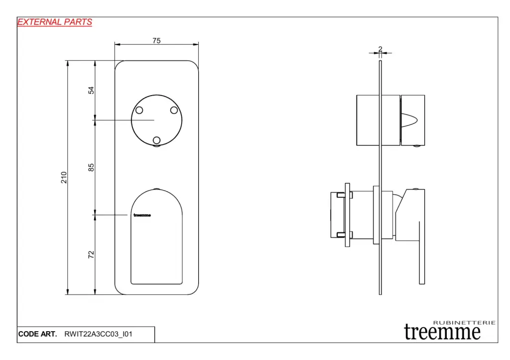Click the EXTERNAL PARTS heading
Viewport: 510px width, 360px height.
coord(55,22)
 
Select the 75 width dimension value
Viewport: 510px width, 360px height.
coord(156,41)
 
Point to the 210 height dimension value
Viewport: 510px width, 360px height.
coord(64,178)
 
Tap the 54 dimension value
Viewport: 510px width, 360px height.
coord(91,90)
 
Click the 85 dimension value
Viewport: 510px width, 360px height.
coord(91,167)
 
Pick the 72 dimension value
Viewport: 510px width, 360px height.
coord(91,254)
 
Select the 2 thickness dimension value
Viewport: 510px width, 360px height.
coord(380,49)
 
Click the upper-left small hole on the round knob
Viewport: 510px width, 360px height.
coord(139,110)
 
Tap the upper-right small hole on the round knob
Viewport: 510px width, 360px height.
coord(174,110)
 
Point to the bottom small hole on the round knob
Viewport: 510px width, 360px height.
coord(156,140)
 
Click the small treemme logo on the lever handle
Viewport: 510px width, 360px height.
coord(142,215)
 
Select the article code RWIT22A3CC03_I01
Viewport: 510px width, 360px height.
coord(98,334)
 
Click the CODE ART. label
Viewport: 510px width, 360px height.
coord(37,334)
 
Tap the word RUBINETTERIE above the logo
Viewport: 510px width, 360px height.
coord(464,323)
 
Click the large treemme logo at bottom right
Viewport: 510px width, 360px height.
coord(442,332)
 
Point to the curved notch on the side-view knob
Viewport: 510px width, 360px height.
coord(409,120)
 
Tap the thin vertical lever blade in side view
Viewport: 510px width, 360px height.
coord(422,253)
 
